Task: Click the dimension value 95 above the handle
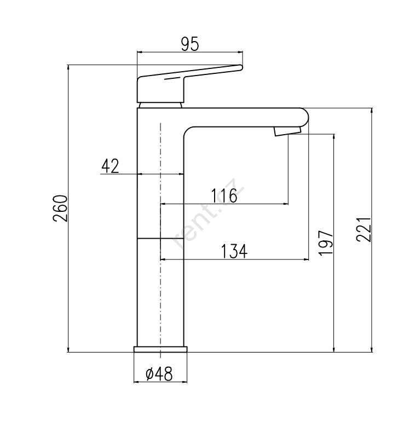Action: (x=191, y=45)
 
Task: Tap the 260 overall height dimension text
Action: (x=60, y=209)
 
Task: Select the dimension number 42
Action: (x=110, y=166)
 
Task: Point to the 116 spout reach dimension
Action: (x=224, y=195)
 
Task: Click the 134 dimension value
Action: (x=234, y=251)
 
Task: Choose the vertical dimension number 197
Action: (x=326, y=243)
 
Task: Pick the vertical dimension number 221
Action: (x=364, y=229)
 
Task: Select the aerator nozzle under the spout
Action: (x=287, y=131)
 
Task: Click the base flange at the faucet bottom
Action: (x=160, y=349)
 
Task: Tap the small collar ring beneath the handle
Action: (x=160, y=106)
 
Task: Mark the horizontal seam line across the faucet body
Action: (x=160, y=239)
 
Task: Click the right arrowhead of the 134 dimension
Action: (x=307, y=259)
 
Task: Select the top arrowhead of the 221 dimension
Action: (x=371, y=111)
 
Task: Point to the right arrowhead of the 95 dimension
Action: (x=240, y=51)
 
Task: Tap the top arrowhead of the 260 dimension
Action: (x=68, y=67)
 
